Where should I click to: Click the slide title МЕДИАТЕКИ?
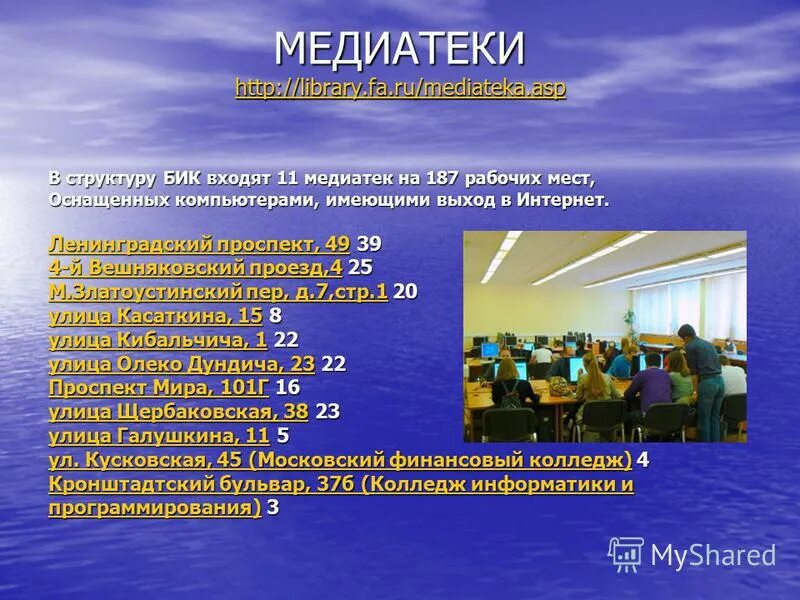pos(400,48)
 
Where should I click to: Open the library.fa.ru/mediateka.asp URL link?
pos(400,88)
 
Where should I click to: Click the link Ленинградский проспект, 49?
pos(199,244)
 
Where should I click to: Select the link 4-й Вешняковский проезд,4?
pos(195,268)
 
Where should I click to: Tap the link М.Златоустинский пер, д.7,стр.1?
pos(217,292)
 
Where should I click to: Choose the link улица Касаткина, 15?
pos(155,316)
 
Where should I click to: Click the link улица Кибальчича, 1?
pos(157,340)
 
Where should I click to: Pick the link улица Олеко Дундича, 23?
pos(181,364)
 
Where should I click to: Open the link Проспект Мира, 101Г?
pos(159,387)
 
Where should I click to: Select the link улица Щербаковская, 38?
pos(178,411)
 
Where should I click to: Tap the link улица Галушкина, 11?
pos(159,435)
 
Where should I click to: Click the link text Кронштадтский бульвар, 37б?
pos(200,485)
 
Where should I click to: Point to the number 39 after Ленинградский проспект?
pos(369,244)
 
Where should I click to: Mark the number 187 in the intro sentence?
pos(441,179)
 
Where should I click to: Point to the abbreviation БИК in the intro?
pos(180,179)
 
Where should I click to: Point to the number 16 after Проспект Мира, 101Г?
pos(287,387)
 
